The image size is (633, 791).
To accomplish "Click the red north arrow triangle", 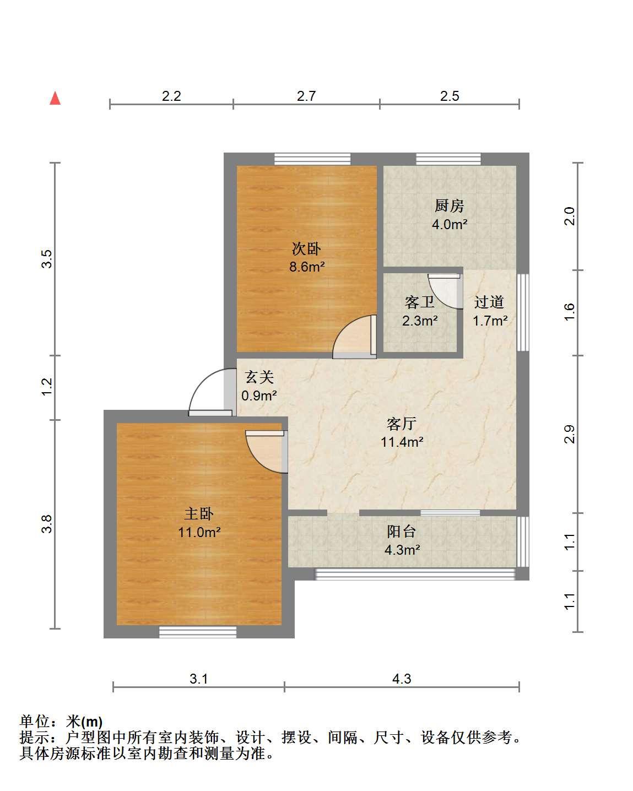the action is tap(55, 98).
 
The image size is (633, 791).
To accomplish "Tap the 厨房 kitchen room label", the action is tap(449, 206).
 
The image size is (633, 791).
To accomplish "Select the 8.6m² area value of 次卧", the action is tap(307, 267).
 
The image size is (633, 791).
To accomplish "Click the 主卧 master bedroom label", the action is tap(199, 513).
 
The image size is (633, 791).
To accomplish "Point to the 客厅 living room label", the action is tap(402, 424).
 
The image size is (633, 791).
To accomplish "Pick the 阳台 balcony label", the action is tap(402, 532).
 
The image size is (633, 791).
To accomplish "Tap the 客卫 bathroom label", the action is tap(419, 302).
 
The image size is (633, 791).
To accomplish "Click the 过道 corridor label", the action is tap(489, 302).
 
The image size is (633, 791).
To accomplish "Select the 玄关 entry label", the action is tap(259, 377).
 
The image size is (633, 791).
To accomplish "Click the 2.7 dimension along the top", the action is tap(306, 96).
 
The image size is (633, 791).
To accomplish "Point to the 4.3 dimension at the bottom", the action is tap(402, 679).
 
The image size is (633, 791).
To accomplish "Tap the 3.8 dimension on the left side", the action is tap(47, 524).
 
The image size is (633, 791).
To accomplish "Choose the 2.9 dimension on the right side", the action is tap(570, 434).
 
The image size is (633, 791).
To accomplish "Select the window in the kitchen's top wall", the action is tap(448, 159).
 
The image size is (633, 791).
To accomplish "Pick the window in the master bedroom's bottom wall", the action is tap(198, 632).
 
